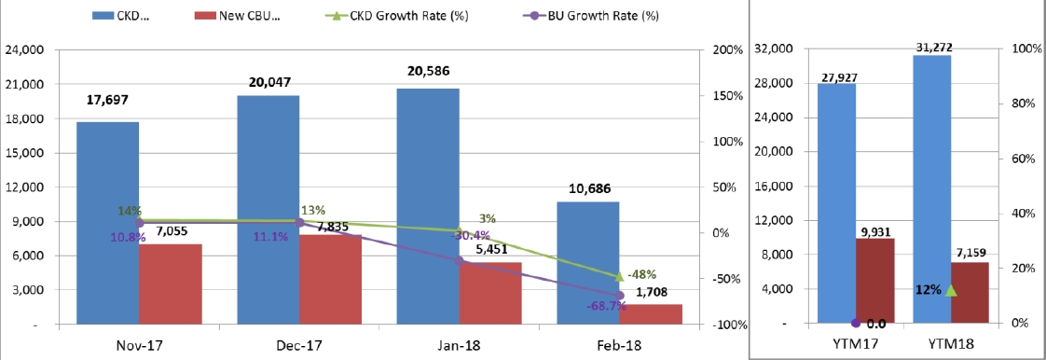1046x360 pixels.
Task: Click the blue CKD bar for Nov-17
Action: tap(107, 224)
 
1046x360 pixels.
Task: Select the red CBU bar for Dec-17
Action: tap(330, 280)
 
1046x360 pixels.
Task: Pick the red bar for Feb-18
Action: tap(651, 315)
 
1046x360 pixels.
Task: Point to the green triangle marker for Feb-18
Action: tap(619, 276)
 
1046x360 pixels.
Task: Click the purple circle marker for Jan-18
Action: tap(459, 260)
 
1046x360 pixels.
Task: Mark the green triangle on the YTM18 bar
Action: tap(951, 291)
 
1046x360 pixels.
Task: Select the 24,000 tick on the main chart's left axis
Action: tap(24, 50)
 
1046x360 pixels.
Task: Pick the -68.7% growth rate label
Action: tap(607, 307)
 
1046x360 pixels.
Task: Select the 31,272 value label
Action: tap(933, 48)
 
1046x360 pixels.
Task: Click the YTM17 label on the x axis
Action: tap(856, 345)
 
